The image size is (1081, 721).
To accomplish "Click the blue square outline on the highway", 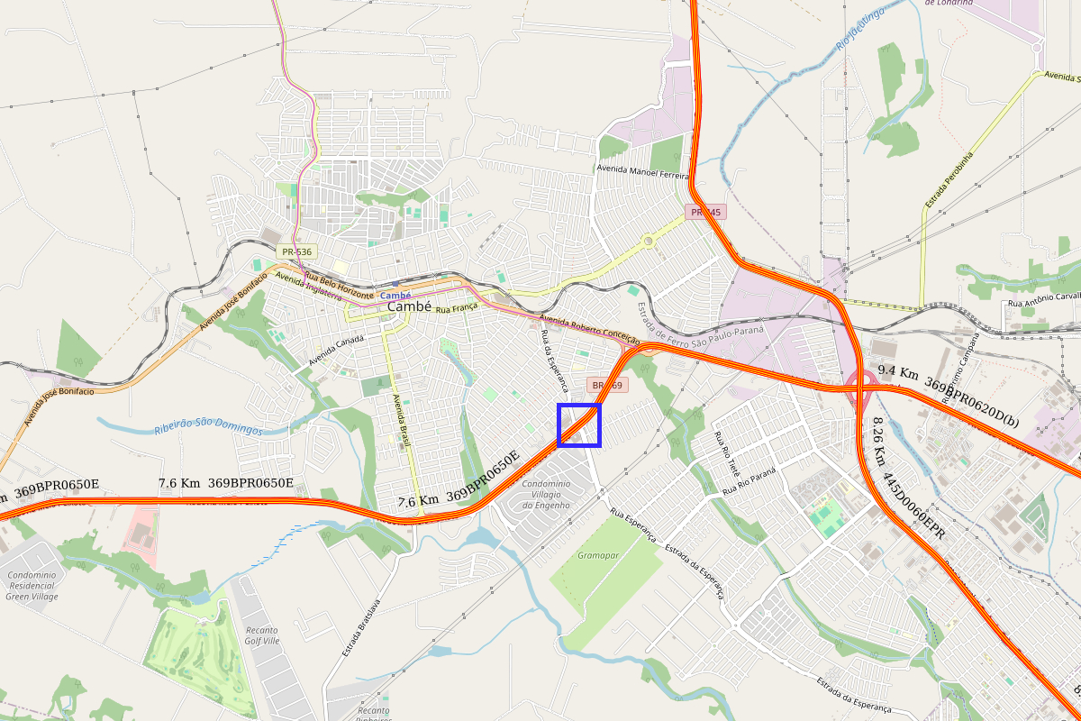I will tap(578, 425).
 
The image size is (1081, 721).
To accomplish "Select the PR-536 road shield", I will tap(295, 252).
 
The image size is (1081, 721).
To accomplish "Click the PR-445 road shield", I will tap(704, 213).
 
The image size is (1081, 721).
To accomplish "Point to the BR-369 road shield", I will tap(605, 385).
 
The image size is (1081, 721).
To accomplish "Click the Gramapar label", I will tap(598, 555).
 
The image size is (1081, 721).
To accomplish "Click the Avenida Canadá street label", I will tap(336, 350).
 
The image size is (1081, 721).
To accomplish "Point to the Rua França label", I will tap(454, 310).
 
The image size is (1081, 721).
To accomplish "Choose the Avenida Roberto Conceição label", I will tap(589, 331).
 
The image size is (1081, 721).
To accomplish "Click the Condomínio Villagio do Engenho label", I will tap(547, 495).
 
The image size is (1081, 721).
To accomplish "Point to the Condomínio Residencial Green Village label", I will tap(32, 586).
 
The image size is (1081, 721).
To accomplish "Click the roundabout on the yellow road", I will tap(648, 242).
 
